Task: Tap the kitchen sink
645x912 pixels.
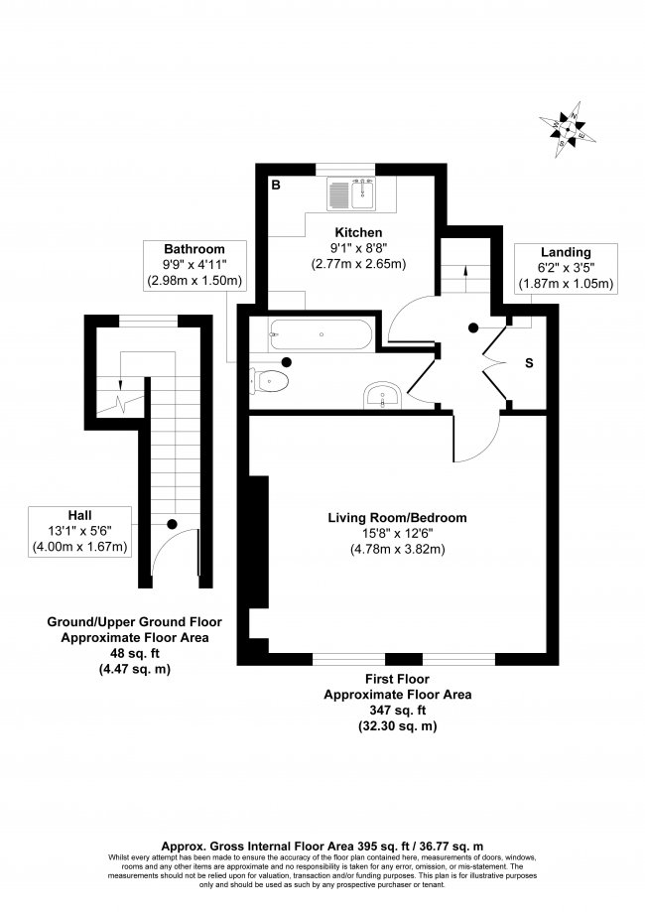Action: tap(351, 194)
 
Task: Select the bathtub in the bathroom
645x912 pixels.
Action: tap(321, 335)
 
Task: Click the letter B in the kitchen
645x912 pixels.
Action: tap(276, 185)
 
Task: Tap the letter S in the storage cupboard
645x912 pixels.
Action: tap(528, 363)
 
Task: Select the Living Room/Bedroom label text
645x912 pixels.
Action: tap(397, 517)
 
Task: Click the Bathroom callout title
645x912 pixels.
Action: tap(194, 248)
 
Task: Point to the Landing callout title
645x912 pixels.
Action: tap(567, 252)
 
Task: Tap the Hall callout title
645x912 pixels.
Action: tap(80, 514)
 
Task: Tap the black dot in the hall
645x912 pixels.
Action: tap(172, 523)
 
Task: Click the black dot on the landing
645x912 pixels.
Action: tap(473, 326)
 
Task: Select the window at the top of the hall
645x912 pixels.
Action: tap(147, 320)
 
